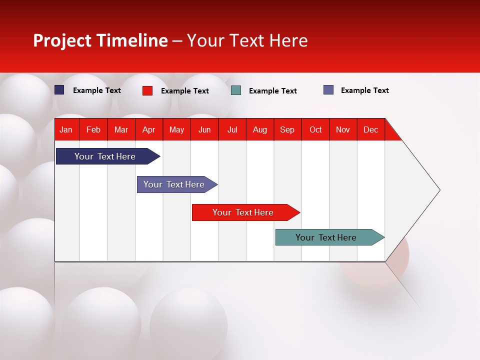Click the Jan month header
(66, 129)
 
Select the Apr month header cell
(149, 129)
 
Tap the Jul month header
(232, 129)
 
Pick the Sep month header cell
(287, 129)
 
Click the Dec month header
(370, 129)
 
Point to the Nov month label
(343, 129)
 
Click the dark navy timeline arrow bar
(105, 156)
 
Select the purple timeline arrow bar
(174, 184)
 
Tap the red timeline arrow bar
(243, 212)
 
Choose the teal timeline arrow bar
(326, 237)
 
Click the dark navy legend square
(59, 90)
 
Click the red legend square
(147, 90)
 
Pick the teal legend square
(236, 90)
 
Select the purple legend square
(328, 90)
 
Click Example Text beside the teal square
(272, 91)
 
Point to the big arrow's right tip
(438, 190)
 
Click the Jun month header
(204, 129)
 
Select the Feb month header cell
(93, 129)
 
